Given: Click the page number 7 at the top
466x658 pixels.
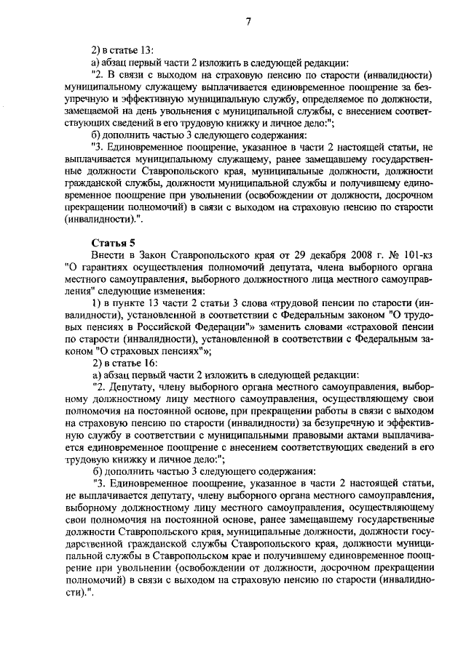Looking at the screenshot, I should point(248,20).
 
